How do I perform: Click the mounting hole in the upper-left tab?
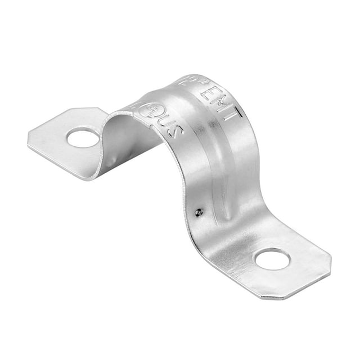click(x=83, y=137)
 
